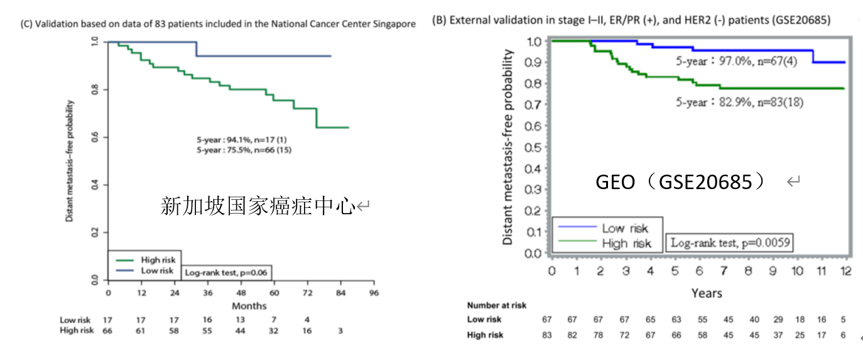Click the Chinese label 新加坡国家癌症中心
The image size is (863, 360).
258,205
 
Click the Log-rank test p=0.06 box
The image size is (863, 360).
227,273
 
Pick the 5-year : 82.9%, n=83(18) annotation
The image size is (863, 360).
739,101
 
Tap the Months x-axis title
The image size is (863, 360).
249,306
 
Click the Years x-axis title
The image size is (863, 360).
707,293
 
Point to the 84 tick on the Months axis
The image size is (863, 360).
340,293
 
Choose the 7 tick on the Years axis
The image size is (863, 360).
724,271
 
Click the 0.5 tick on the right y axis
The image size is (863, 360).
533,148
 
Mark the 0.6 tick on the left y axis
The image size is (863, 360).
94,138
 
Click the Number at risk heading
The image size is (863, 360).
497,305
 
